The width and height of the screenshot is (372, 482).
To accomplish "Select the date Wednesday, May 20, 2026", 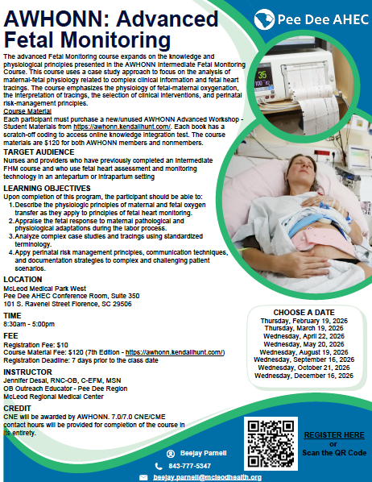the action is (307, 343).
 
